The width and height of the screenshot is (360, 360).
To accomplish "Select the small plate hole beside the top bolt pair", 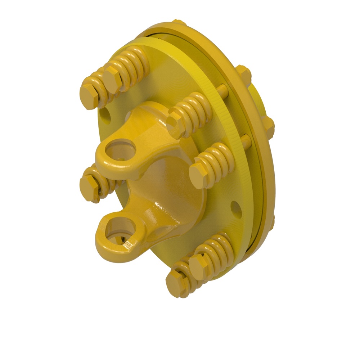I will [105, 116].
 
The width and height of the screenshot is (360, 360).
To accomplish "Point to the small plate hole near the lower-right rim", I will [236, 209].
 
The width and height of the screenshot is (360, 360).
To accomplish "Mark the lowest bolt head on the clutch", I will [176, 283].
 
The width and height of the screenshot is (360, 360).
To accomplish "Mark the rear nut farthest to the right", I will [269, 126].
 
